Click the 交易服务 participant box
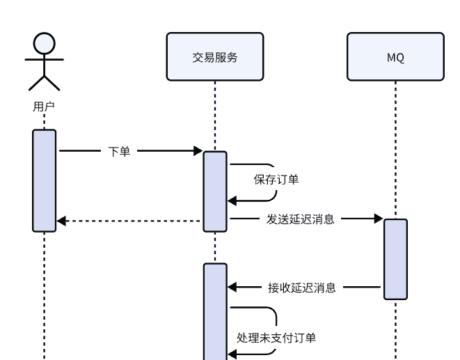[214, 57]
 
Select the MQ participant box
[395, 57]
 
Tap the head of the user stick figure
[44, 44]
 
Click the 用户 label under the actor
[44, 107]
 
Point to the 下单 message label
[119, 151]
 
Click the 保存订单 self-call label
[276, 180]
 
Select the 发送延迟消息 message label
[301, 219]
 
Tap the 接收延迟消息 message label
[302, 287]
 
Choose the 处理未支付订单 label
[276, 338]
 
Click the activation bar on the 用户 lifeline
[44, 180]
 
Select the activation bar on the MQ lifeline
[395, 259]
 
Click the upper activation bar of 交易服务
[215, 190]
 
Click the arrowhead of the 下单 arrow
[198, 151]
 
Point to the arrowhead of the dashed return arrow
[61, 221]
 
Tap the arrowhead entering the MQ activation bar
[379, 219]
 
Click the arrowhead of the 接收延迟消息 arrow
[232, 287]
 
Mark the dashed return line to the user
[132, 221]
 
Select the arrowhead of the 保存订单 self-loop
[232, 201]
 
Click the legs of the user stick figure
[44, 83]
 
